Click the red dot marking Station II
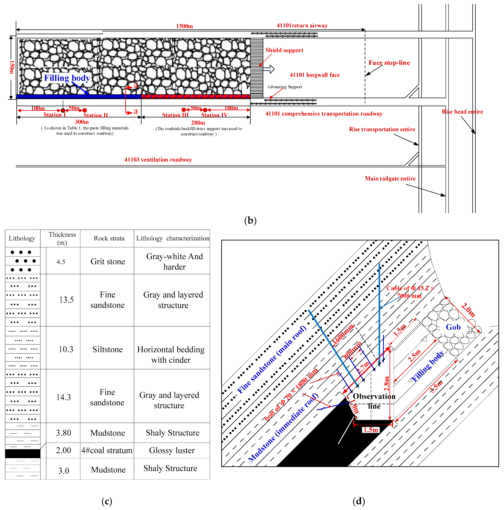point(84,110)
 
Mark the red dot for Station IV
point(205,110)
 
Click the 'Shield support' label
point(284,50)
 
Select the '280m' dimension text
point(198,123)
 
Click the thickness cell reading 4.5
point(61,262)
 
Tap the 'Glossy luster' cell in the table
point(172,450)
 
